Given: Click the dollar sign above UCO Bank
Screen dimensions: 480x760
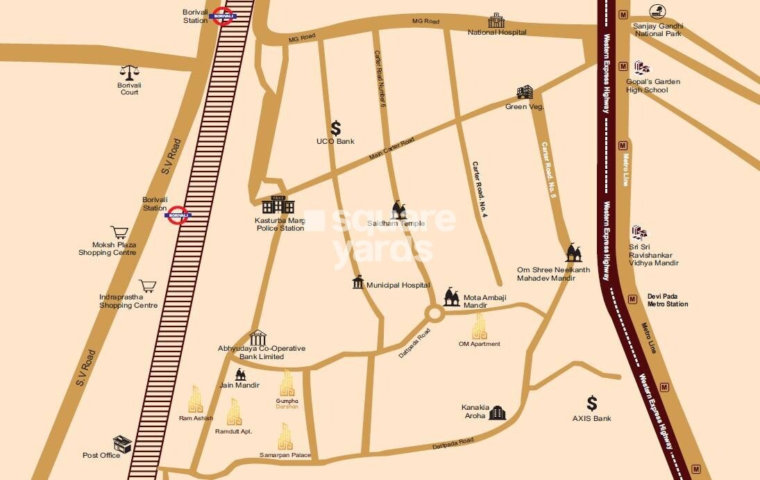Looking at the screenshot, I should point(336,128).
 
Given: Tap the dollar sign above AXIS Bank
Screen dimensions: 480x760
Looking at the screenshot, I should point(591,404).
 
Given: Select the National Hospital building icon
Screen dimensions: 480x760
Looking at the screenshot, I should point(496,20).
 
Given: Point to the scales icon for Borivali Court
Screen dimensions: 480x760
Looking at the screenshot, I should point(129,72).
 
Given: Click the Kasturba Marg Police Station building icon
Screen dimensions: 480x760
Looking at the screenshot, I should point(278,205).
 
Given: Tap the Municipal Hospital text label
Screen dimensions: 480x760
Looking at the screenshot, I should point(398,285).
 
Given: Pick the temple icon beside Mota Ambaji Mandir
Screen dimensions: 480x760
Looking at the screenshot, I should point(452,297).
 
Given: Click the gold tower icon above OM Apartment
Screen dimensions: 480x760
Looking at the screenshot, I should point(479,326).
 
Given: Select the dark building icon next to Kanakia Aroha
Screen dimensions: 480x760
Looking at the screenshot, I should point(497,413).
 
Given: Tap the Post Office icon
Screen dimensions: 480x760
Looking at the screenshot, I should point(123,445).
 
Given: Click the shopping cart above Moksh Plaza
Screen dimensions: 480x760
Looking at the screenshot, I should point(119,232).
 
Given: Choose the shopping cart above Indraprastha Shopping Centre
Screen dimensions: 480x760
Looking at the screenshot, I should point(147,285).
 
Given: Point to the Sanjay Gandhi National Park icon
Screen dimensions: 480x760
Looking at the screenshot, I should point(657,12).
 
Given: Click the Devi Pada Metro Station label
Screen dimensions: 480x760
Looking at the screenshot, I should point(668,300).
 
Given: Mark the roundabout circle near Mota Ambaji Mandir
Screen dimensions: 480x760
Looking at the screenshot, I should point(435,314).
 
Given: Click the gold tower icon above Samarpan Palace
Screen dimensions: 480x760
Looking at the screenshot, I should point(285,437).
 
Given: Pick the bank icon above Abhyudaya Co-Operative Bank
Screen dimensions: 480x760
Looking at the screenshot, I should point(257,338).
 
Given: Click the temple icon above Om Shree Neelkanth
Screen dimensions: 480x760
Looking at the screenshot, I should point(573,254).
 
